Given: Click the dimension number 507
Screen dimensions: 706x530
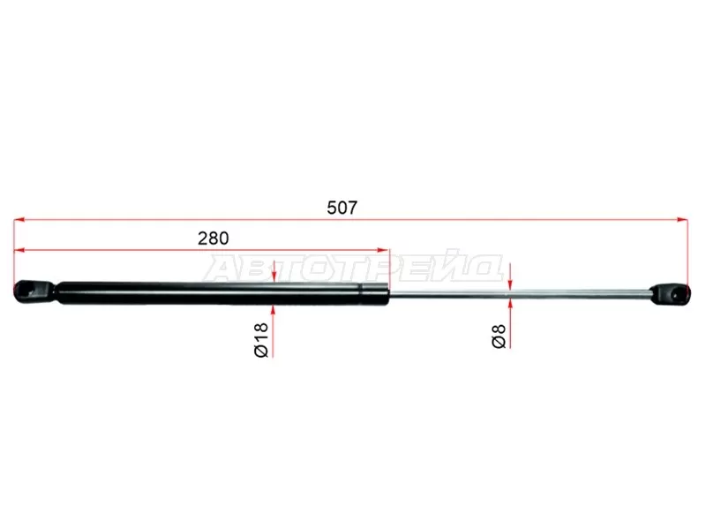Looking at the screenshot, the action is click(x=342, y=208).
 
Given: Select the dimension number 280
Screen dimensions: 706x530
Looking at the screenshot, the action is click(x=213, y=238).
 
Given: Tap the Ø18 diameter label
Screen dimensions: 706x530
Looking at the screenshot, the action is click(x=261, y=340).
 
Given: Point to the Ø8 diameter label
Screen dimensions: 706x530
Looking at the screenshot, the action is click(x=499, y=337).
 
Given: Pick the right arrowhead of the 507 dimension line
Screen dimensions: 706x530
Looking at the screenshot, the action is click(x=682, y=220).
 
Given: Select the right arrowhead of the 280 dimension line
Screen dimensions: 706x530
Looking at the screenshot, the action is click(x=383, y=250).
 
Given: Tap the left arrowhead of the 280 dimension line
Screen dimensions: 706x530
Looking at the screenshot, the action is click(x=19, y=250).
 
